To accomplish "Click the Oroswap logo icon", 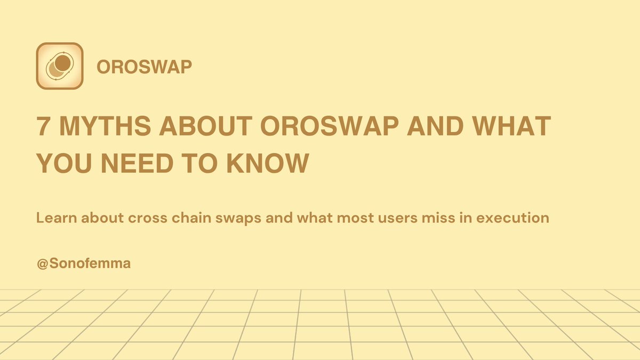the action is [x=60, y=66].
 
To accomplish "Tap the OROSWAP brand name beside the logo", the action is [x=145, y=67].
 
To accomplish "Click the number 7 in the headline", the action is [x=43, y=126].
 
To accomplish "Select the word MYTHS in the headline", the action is [x=105, y=126].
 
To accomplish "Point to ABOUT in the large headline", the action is [x=206, y=126].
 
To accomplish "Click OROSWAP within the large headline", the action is [x=330, y=126].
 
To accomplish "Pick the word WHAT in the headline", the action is [x=511, y=126].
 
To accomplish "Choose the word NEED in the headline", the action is [x=137, y=163].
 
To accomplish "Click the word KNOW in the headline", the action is [x=268, y=163].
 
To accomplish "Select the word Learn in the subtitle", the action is [x=57, y=218].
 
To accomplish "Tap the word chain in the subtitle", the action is [x=191, y=218].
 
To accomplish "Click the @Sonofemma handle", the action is [x=84, y=263].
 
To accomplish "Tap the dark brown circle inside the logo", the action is [x=63, y=63].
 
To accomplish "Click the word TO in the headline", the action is [x=199, y=163].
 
